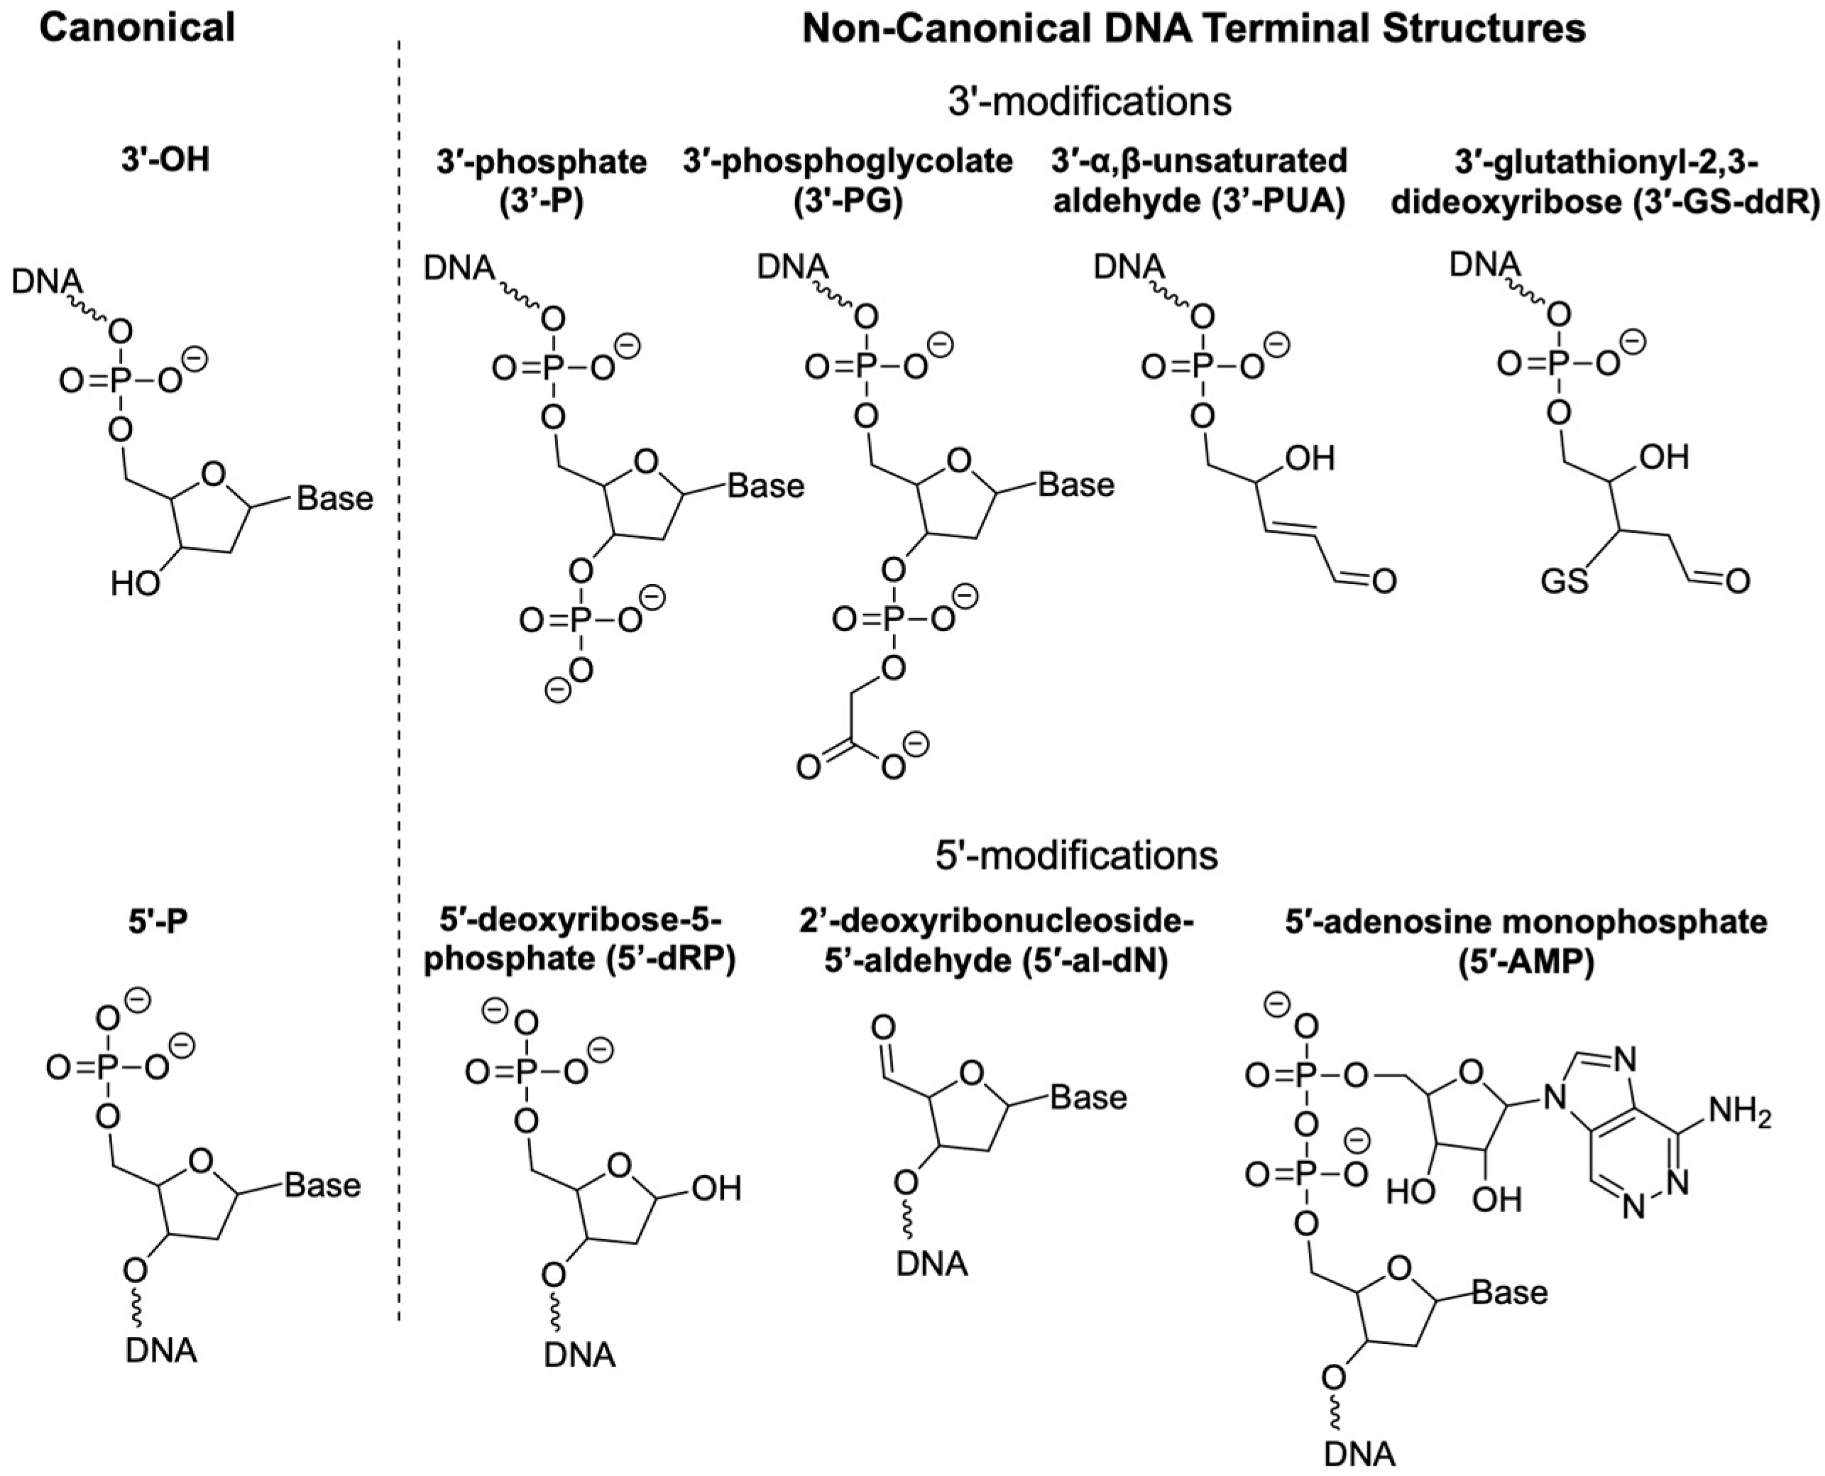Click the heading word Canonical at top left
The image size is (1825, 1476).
(138, 28)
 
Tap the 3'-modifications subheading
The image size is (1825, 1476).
(1088, 102)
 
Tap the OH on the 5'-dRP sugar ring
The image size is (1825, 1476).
(716, 1189)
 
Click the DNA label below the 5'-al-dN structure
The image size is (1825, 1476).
(932, 1265)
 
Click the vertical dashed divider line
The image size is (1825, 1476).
(399, 681)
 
